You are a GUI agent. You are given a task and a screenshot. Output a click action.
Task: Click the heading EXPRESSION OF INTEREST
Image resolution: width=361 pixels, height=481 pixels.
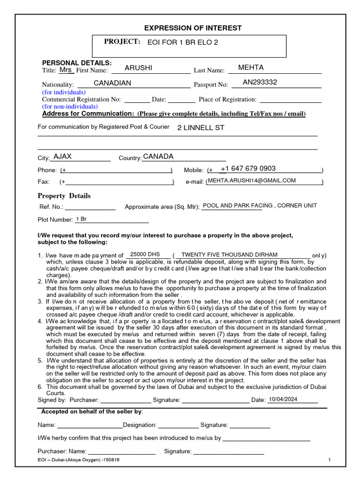pyautogui.click(x=193, y=28)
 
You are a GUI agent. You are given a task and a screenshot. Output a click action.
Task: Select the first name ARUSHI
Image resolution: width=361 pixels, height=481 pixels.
pyautogui.click(x=138, y=68)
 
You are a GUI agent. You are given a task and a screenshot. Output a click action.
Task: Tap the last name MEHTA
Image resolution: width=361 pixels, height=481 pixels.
pyautogui.click(x=251, y=68)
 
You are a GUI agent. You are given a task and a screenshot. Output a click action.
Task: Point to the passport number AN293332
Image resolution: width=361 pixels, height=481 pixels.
pyautogui.click(x=260, y=82)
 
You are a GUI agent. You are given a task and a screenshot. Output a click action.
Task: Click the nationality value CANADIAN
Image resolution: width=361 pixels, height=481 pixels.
pyautogui.click(x=112, y=83)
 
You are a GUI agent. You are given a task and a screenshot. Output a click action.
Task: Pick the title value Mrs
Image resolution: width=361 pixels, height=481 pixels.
pyautogui.click(x=65, y=70)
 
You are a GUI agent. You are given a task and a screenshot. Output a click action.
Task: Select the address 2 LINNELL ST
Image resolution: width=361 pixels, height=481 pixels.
pyautogui.click(x=201, y=128)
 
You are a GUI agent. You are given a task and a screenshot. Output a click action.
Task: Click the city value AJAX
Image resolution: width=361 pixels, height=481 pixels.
pyautogui.click(x=63, y=156)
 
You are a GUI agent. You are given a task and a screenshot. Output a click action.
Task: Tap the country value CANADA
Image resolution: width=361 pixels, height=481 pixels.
pyautogui.click(x=158, y=156)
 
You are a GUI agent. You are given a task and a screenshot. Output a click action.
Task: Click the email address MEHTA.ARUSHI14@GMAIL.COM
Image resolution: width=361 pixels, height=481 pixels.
pyautogui.click(x=252, y=180)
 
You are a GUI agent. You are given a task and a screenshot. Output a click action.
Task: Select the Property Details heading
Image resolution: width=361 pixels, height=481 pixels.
pyautogui.click(x=64, y=196)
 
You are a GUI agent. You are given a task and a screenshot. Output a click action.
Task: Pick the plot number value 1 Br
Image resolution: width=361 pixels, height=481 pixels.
pyautogui.click(x=81, y=219)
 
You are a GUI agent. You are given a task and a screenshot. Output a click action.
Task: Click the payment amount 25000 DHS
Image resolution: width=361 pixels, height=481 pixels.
pyautogui.click(x=145, y=254)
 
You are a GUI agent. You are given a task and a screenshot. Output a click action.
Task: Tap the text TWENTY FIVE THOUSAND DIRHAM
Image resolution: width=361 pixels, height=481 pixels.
pyautogui.click(x=229, y=254)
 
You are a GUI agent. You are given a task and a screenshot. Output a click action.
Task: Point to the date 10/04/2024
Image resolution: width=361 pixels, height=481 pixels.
pyautogui.click(x=283, y=399)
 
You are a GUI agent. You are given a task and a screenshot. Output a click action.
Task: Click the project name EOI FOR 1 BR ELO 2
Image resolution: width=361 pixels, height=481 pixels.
pyautogui.click(x=183, y=42)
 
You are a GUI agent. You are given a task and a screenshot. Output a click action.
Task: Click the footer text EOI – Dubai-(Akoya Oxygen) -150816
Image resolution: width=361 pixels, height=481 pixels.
pyautogui.click(x=78, y=460)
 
